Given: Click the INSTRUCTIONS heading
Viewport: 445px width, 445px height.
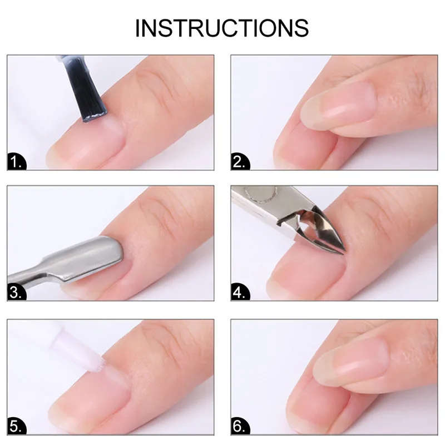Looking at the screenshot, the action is (222, 28).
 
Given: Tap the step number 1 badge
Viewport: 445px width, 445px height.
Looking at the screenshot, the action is (17, 162).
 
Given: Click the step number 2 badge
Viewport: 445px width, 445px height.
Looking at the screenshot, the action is (240, 162).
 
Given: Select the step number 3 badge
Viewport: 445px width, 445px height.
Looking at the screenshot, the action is (17, 293).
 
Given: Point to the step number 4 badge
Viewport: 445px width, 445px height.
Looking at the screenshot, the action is (240, 293).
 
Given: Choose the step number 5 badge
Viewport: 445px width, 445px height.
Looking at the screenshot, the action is (17, 426).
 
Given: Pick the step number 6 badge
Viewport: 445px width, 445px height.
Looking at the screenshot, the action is (240, 426).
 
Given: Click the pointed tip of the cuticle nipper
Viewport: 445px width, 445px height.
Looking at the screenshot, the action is (344, 253).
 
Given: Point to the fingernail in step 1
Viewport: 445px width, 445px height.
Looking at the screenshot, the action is (85, 142).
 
